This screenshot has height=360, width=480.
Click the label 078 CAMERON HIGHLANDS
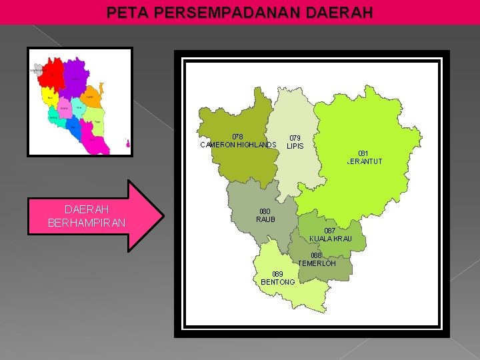pos(238,141)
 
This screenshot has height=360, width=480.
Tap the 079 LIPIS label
pos(295,142)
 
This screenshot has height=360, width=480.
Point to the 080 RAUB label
pos(265,215)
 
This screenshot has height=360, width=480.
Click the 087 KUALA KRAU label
pos(330,235)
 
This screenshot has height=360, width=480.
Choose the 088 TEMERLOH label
pos(317,259)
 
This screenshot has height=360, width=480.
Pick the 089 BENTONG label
pos(278,278)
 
